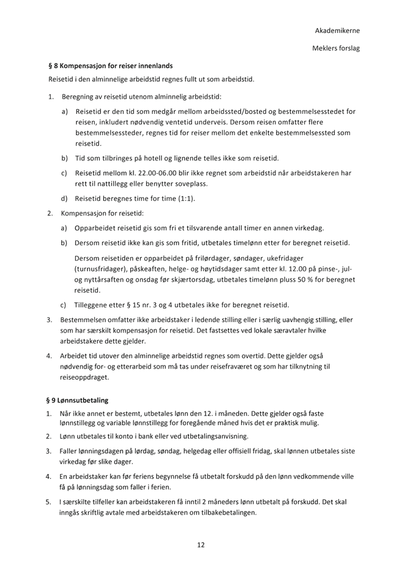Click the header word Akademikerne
point(337,31)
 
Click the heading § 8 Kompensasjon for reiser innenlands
point(111,66)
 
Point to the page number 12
point(201,544)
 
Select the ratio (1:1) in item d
point(183,198)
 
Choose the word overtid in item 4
point(260,356)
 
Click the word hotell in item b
point(146,158)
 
